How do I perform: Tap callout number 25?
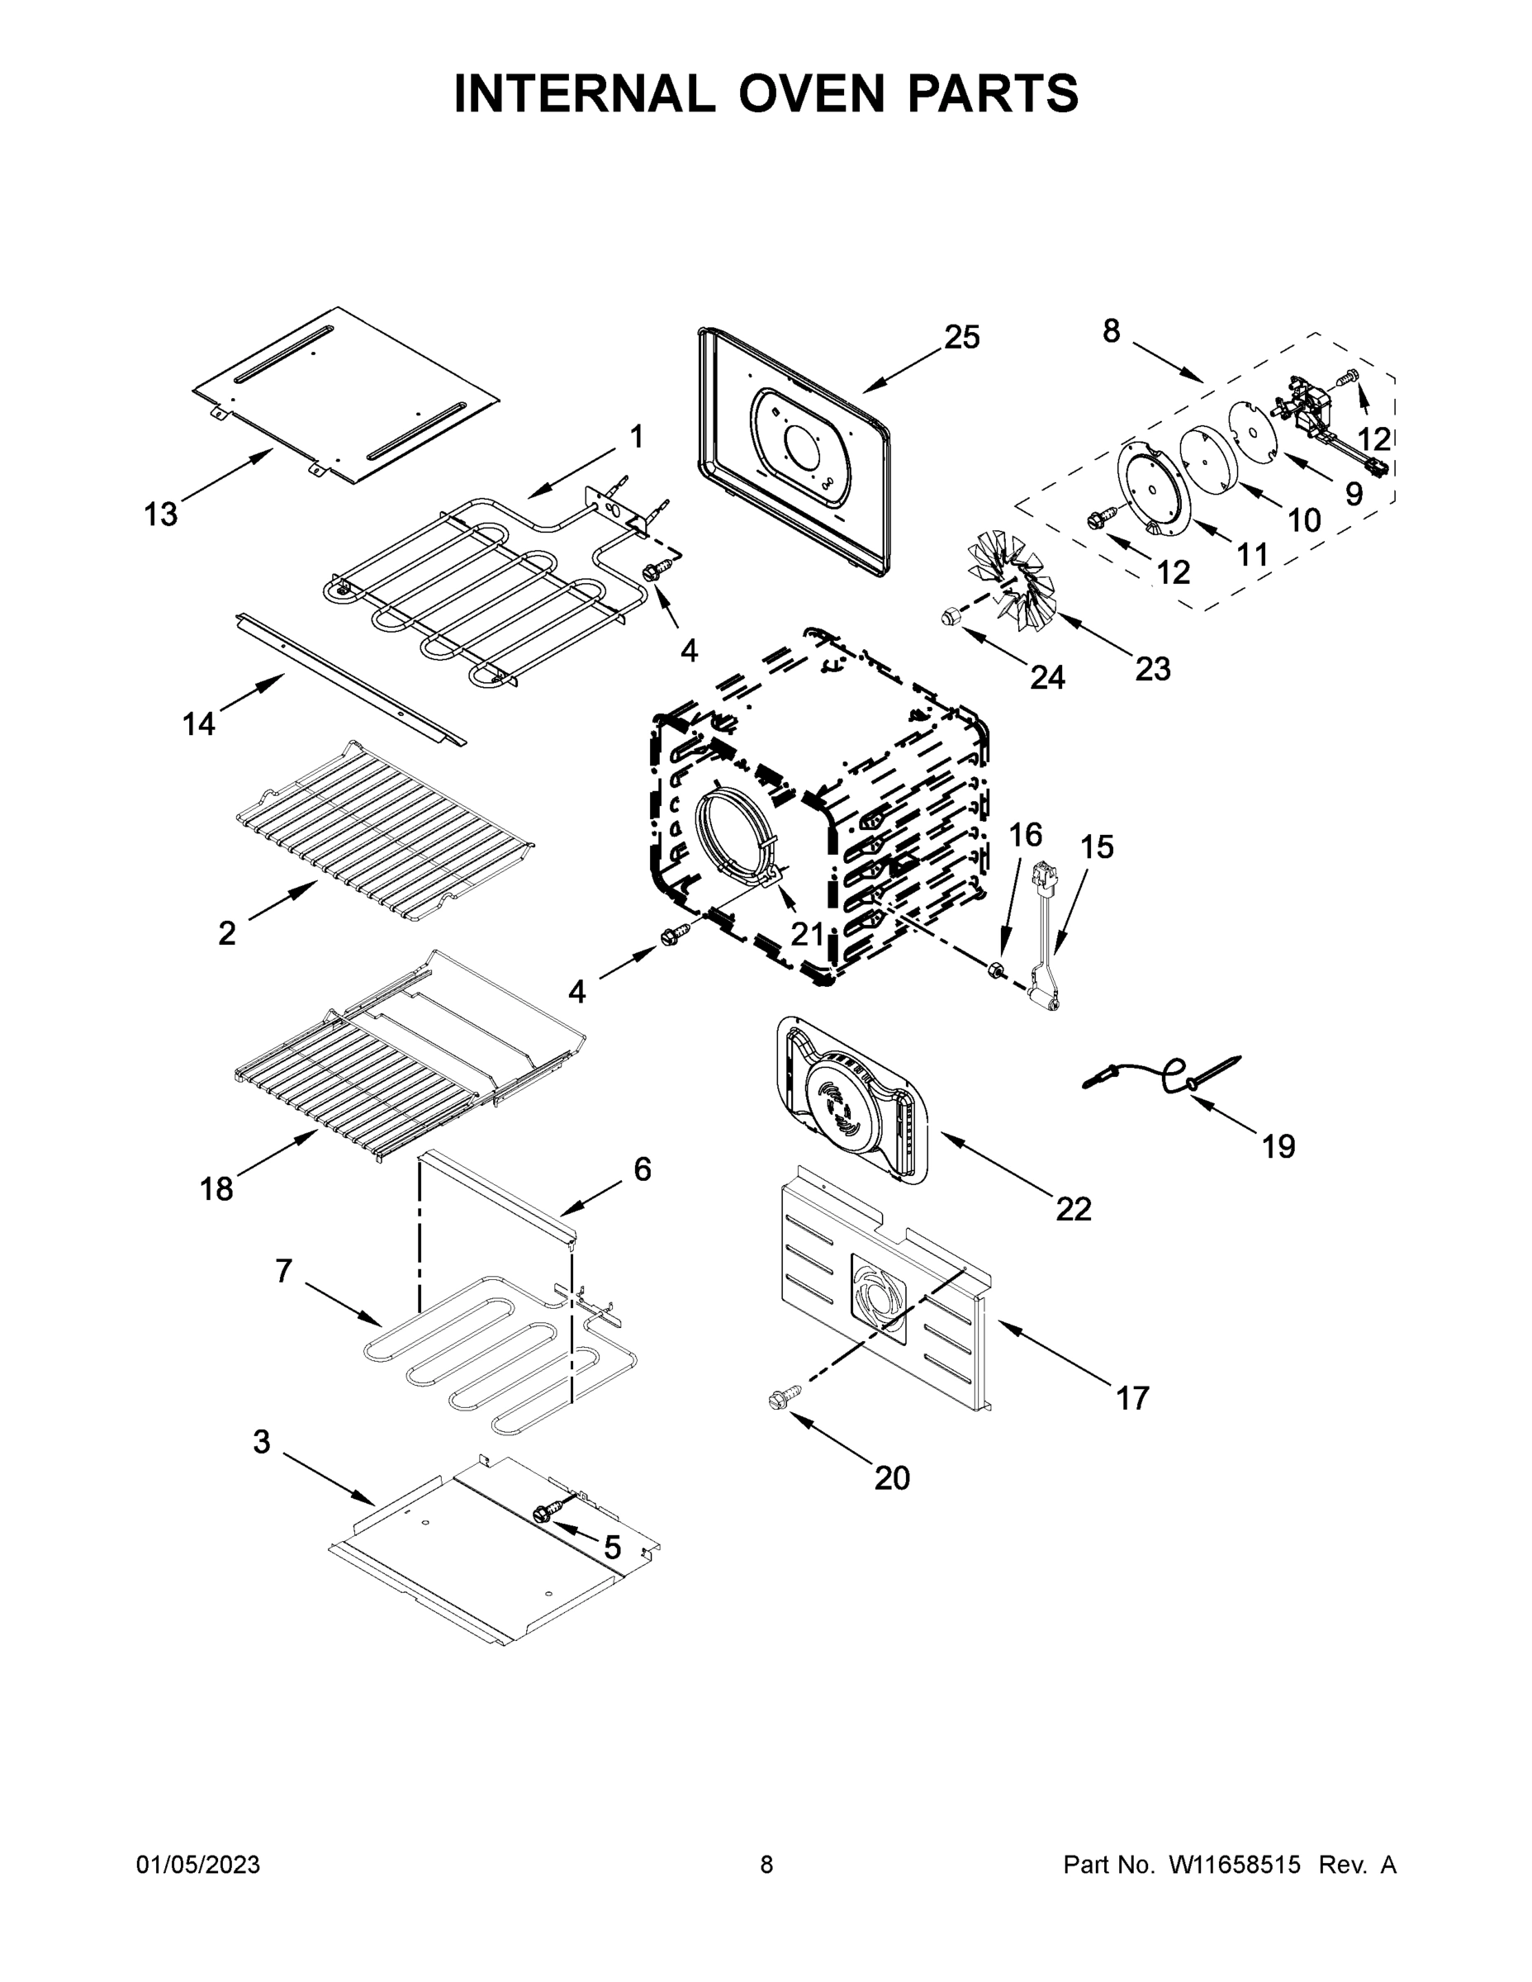(x=961, y=337)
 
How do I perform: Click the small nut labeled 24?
(x=949, y=618)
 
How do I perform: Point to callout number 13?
(x=161, y=514)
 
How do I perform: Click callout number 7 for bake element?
(x=283, y=1272)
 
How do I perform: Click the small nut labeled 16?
(x=994, y=971)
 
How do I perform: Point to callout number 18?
(x=216, y=1188)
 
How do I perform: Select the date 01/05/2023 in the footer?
(x=198, y=1865)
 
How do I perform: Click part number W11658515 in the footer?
(x=1235, y=1865)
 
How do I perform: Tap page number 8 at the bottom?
(x=766, y=1865)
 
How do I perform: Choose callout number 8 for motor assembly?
(x=1111, y=331)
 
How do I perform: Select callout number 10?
(x=1303, y=520)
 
